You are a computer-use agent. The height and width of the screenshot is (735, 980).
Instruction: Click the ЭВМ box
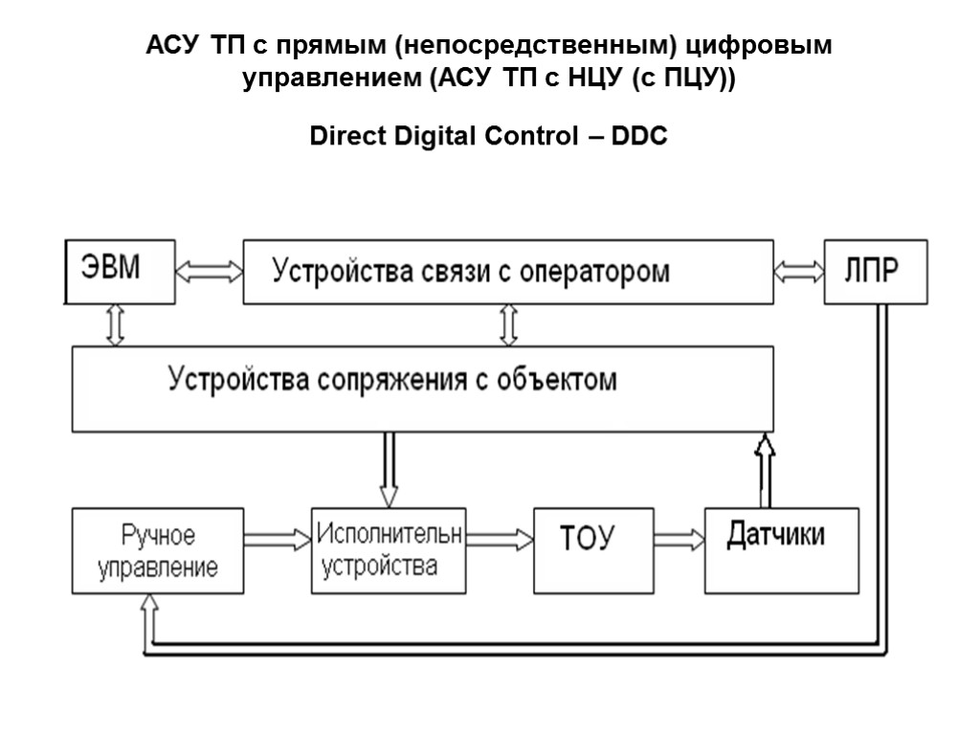point(121,271)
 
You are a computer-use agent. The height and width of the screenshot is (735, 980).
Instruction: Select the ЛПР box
point(876,271)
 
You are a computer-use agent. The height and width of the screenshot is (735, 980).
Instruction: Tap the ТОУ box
point(592,550)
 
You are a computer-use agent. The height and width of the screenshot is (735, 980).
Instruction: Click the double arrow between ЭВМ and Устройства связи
point(211,271)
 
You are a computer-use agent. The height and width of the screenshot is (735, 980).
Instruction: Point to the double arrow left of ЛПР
point(798,272)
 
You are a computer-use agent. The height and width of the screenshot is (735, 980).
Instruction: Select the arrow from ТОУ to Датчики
point(679,542)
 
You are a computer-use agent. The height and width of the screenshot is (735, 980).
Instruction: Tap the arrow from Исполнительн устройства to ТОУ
point(499,540)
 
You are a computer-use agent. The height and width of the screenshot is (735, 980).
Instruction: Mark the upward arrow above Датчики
point(764,469)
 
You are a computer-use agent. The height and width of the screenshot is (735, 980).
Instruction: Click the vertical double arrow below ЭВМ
point(116,325)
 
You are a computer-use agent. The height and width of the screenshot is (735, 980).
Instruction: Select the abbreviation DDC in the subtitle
point(638,138)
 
